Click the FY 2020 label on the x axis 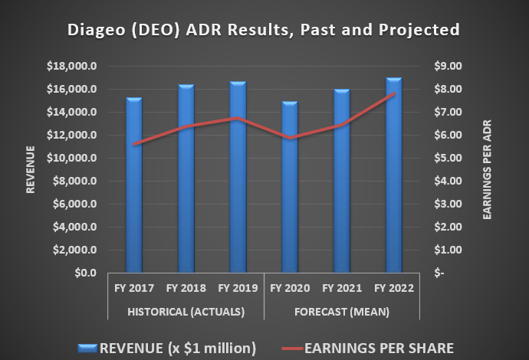(289, 289)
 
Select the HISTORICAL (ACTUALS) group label (186, 312)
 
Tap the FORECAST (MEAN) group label (341, 312)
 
